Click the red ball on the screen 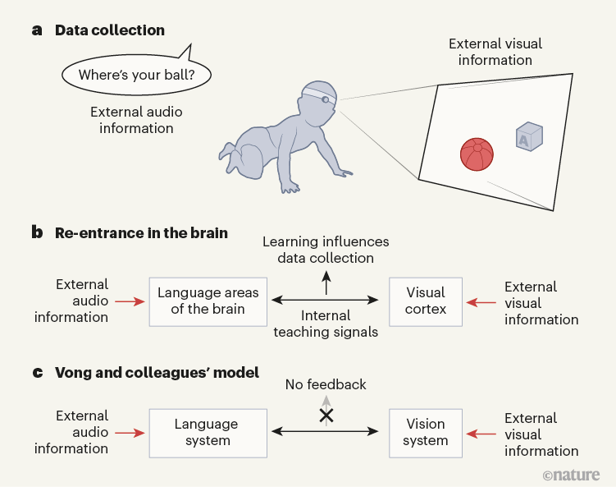(x=477, y=154)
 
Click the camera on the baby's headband (x=326, y=100)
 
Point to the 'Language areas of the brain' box (x=208, y=301)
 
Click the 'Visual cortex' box (x=425, y=301)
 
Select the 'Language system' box (x=206, y=432)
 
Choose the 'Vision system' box (x=425, y=432)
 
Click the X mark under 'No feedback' (x=326, y=416)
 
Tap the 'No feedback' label (x=326, y=384)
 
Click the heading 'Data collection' (x=109, y=30)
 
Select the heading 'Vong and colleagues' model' (x=157, y=373)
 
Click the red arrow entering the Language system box (x=130, y=432)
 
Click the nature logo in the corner (x=571, y=475)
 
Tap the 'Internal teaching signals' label (x=326, y=323)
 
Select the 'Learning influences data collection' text (x=326, y=250)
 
